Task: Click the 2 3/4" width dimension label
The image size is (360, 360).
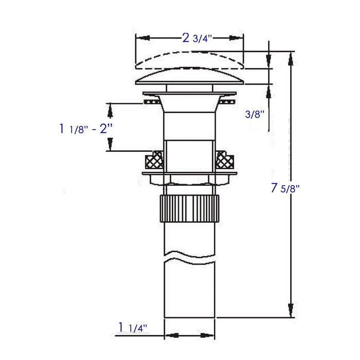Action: pos(197,38)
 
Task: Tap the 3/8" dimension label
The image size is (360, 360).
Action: pos(255,114)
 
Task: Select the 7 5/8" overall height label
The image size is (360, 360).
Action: pos(284,188)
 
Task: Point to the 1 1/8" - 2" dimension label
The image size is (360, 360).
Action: pos(85,128)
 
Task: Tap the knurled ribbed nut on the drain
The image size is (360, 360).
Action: pos(189,207)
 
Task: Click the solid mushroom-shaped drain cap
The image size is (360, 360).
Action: pos(189,78)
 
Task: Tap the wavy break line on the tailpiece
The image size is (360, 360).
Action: pos(189,255)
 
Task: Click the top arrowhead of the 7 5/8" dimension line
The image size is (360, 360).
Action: pos(291,57)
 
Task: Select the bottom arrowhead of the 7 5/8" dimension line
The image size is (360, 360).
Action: pos(291,312)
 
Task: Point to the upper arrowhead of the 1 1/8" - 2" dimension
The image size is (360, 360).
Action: pos(110,109)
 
